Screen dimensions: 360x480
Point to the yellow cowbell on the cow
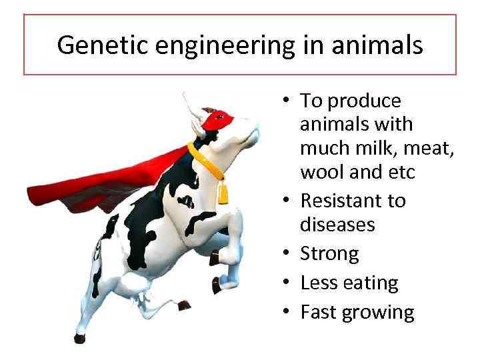pyautogui.click(x=223, y=193)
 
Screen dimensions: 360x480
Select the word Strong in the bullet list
pyautogui.click(x=329, y=254)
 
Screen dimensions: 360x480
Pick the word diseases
pyautogui.click(x=337, y=225)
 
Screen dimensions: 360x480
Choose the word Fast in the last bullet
pyautogui.click(x=317, y=313)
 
